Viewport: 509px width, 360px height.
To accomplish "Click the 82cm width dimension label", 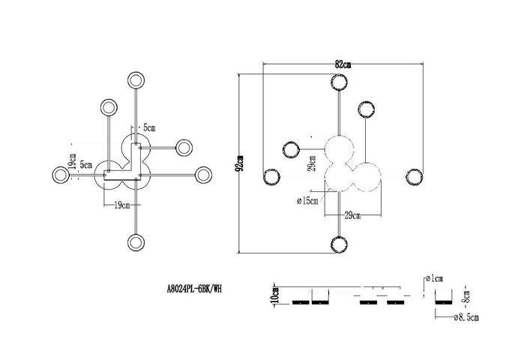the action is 343,64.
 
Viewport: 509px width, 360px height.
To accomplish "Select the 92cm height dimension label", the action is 241,163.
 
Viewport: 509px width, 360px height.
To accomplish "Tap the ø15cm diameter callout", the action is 307,201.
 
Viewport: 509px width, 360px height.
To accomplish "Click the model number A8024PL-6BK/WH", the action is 194,289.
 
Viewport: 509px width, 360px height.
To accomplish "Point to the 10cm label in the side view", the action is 275,295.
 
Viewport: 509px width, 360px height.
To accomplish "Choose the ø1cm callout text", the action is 434,278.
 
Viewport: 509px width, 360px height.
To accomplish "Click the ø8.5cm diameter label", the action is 466,317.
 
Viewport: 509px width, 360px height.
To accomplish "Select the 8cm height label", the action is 466,296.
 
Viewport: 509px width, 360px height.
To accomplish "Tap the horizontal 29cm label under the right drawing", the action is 352,215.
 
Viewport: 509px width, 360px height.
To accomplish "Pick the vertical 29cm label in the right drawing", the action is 312,163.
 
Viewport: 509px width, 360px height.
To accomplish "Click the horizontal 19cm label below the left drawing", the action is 121,205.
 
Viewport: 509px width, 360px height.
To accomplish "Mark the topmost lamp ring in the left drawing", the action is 136,80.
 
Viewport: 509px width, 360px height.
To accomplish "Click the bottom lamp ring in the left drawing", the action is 136,242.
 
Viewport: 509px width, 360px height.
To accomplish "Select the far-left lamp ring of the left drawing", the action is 61,175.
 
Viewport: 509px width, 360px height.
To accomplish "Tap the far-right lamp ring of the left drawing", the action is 204,175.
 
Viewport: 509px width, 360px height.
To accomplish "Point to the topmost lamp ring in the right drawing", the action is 339,82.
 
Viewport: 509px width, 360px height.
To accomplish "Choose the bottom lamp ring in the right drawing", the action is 339,244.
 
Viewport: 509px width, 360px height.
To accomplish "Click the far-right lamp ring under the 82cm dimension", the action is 415,178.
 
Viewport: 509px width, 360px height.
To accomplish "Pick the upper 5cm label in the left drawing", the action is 149,127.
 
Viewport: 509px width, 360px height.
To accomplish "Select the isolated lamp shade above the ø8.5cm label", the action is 444,296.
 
